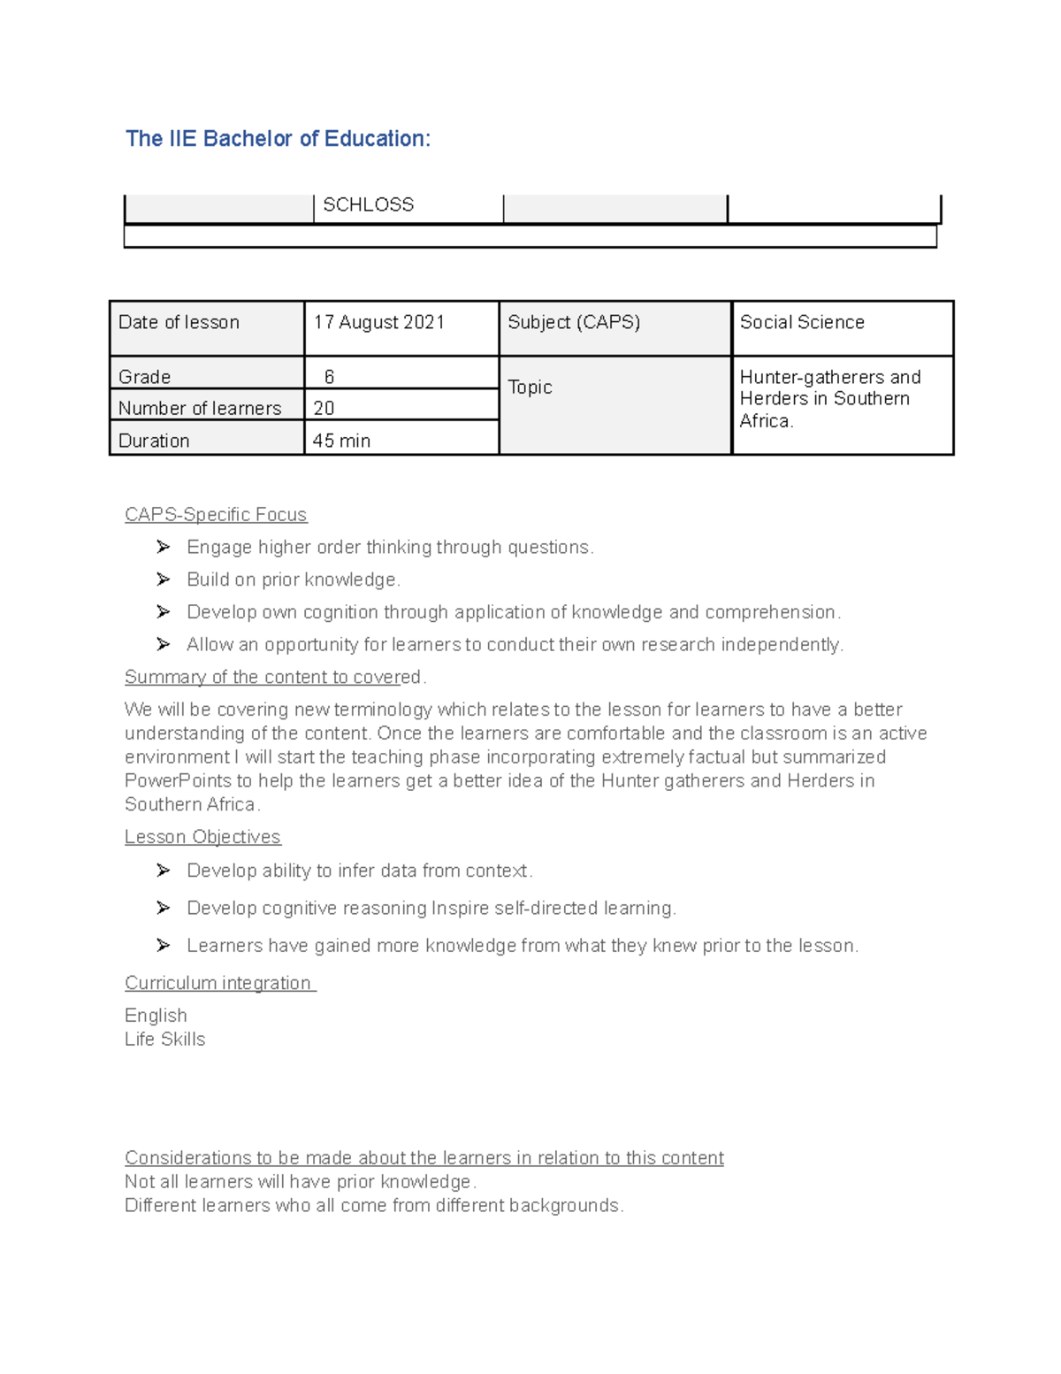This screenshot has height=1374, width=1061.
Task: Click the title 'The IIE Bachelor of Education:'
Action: click(278, 139)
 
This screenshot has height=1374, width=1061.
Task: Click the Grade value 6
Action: click(329, 377)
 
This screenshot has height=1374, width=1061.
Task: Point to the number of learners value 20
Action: click(324, 408)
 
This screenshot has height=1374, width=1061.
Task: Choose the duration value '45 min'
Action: click(341, 441)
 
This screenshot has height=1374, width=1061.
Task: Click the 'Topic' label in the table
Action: click(530, 388)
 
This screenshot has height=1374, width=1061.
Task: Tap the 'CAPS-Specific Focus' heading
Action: click(216, 515)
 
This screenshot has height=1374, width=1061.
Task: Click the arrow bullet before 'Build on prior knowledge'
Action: click(164, 580)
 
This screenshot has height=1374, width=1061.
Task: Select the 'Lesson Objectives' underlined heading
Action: click(202, 837)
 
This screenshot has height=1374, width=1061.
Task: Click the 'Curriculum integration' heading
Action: click(218, 983)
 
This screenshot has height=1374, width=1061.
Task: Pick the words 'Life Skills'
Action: click(165, 1040)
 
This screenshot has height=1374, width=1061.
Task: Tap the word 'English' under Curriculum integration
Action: click(156, 1016)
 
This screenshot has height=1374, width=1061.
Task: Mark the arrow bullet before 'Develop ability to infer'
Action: click(164, 871)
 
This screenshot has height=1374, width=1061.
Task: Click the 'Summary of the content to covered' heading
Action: click(274, 678)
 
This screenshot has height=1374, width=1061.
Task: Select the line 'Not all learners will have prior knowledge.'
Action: click(301, 1182)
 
